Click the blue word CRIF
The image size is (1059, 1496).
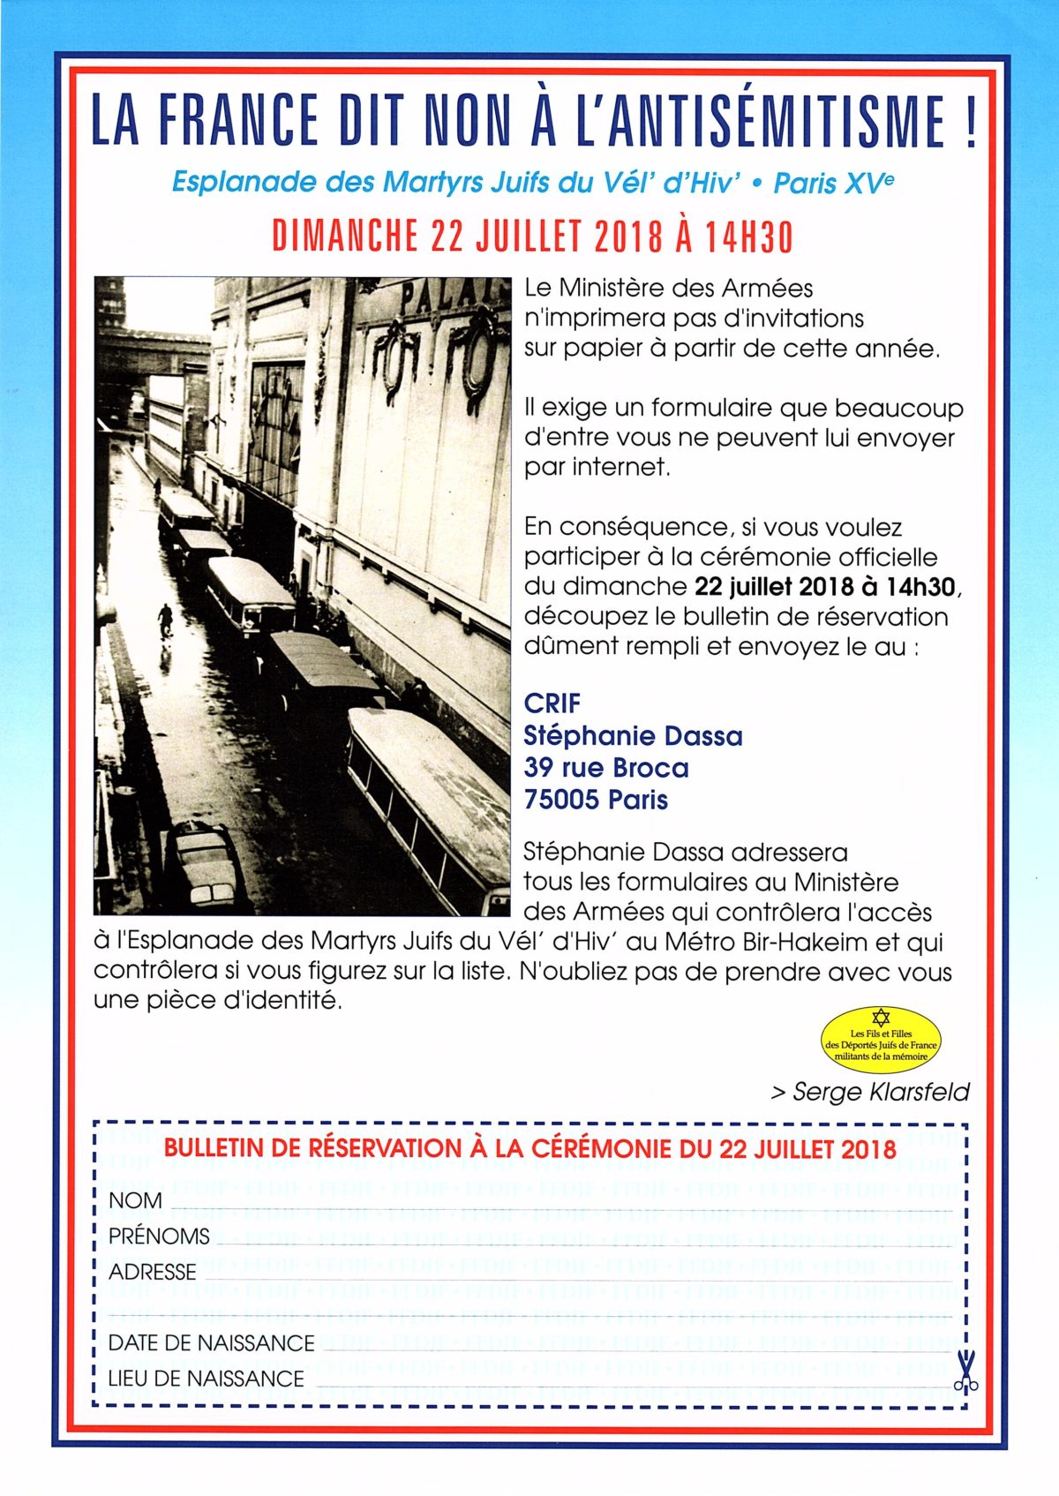pos(552,703)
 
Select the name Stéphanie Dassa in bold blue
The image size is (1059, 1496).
pos(633,735)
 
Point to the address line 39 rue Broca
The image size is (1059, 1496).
pos(605,768)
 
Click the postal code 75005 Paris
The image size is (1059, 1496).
pos(596,800)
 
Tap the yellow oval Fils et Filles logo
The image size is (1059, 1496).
pos(881,1040)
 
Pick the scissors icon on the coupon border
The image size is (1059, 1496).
pos(966,1373)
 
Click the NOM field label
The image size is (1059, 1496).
pos(135,1200)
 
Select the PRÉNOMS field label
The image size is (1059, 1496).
pos(159,1236)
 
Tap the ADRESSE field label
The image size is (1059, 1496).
pos(152,1272)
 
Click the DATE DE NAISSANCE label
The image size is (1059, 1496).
pos(211,1342)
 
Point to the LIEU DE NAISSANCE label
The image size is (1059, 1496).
pos(206,1378)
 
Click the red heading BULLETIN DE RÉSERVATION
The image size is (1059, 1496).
pos(529,1148)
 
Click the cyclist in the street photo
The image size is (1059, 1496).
pos(165,618)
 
